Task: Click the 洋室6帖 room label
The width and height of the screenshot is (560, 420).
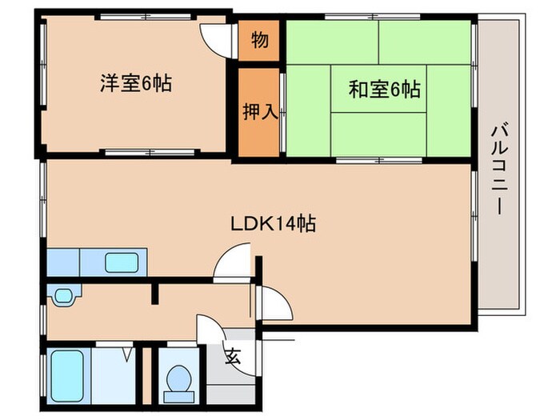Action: tap(137, 82)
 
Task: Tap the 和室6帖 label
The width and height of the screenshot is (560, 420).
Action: tap(384, 90)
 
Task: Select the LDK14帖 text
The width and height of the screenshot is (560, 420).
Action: tap(273, 224)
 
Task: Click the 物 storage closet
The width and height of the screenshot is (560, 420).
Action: tap(259, 41)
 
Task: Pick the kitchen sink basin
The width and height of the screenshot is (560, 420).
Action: tap(122, 262)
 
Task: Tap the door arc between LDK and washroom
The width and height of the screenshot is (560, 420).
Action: tap(236, 264)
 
